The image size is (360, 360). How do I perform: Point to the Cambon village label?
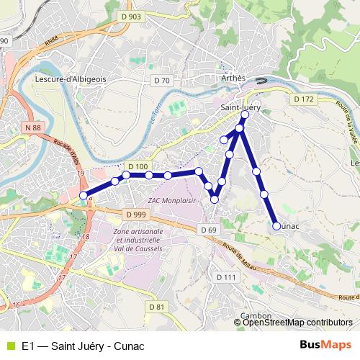click(x=256, y=315)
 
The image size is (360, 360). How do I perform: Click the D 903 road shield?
click(x=132, y=17)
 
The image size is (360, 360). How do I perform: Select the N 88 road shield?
click(x=32, y=127)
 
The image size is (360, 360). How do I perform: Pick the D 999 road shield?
click(x=135, y=215)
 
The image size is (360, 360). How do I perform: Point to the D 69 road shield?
click(x=208, y=230)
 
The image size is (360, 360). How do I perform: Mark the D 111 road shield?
click(x=225, y=276)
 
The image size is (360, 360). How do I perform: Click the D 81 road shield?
click(x=156, y=307)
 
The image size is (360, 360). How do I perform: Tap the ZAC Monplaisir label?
click(x=171, y=199)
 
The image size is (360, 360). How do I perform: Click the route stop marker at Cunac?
click(x=276, y=226)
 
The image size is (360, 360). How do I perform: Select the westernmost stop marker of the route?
click(x=84, y=195)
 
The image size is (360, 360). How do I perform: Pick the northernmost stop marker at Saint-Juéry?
click(x=246, y=114)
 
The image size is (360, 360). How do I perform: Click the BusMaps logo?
click(x=325, y=346)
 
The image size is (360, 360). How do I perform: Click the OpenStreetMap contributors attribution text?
click(x=297, y=323)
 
